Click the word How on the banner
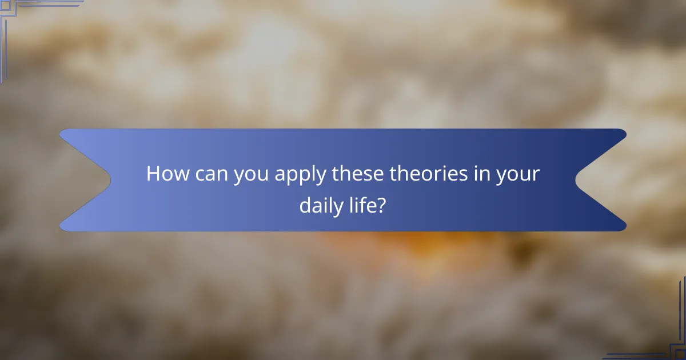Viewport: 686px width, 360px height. tap(166, 174)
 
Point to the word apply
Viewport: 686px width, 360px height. tap(301, 175)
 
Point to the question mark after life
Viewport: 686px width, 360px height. tap(381, 205)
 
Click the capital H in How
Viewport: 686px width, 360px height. tap(153, 174)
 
